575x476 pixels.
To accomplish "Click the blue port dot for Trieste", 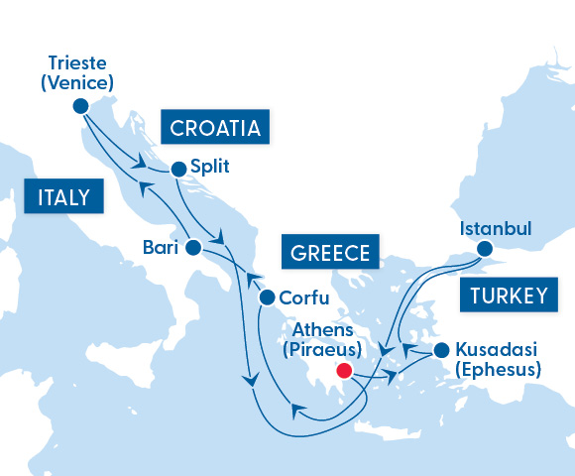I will click(x=81, y=105).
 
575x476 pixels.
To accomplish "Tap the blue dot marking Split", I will click(x=178, y=169).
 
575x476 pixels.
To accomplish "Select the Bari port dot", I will click(x=193, y=246).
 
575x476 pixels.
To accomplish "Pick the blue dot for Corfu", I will click(x=266, y=297).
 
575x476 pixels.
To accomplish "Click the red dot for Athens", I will click(x=344, y=371).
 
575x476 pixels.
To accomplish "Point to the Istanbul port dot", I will click(x=485, y=249).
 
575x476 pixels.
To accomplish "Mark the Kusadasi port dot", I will click(x=442, y=350).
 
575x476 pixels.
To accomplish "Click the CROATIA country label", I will click(x=215, y=128).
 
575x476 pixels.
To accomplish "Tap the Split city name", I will click(x=209, y=168).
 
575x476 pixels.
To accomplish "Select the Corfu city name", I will click(x=304, y=297).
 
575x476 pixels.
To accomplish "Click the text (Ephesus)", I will click(x=498, y=370).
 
